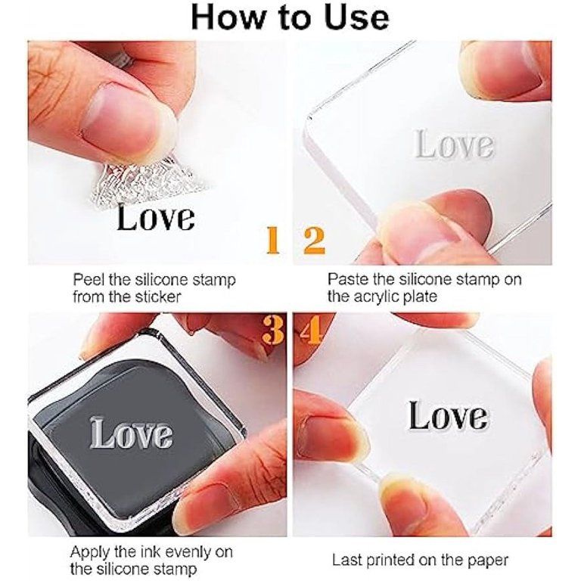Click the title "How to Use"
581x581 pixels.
click(x=290, y=17)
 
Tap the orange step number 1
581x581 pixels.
click(x=273, y=240)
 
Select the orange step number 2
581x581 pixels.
click(x=314, y=241)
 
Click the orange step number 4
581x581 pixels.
click(x=311, y=330)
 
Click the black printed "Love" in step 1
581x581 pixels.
click(x=156, y=218)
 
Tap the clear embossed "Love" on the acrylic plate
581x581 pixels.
click(x=454, y=144)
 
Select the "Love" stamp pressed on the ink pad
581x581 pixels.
click(x=131, y=433)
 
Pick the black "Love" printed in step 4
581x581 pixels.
click(x=448, y=416)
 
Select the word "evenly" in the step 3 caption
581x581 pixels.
click(x=188, y=553)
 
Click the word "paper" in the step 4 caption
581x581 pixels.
click(x=489, y=561)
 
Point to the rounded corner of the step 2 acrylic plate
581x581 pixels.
click(x=309, y=118)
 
